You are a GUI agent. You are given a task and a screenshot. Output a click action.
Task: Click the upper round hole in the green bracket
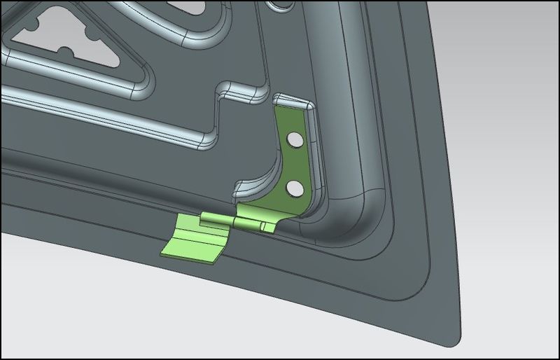tap(296, 141)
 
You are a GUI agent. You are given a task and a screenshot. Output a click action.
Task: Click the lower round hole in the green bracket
tap(295, 188)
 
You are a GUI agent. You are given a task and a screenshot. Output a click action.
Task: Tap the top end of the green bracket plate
tap(290, 105)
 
